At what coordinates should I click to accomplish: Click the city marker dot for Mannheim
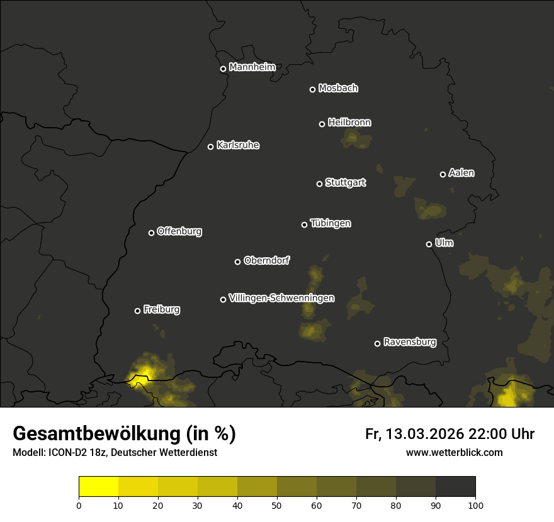tap(223, 69)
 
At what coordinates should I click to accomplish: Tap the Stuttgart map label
tap(345, 183)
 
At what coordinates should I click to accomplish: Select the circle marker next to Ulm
tap(429, 244)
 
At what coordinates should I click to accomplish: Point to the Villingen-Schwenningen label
tap(281, 298)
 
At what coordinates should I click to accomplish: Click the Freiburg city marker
tap(137, 311)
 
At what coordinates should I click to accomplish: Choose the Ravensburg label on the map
tap(409, 342)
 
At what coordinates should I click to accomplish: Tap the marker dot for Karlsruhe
tap(210, 147)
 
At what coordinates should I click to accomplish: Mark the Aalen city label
tap(461, 173)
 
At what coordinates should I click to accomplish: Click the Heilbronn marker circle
tap(322, 124)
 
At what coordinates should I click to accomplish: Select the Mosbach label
tap(338, 89)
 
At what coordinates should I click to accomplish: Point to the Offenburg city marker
tap(151, 233)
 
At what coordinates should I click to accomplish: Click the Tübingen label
tap(331, 223)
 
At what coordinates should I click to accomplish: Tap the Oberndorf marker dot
tap(237, 262)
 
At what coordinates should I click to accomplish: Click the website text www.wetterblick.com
tap(454, 452)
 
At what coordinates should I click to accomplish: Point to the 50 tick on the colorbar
tap(277, 505)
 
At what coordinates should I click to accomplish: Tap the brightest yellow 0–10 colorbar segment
tap(98, 487)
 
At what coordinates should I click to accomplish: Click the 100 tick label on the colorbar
tap(475, 505)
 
